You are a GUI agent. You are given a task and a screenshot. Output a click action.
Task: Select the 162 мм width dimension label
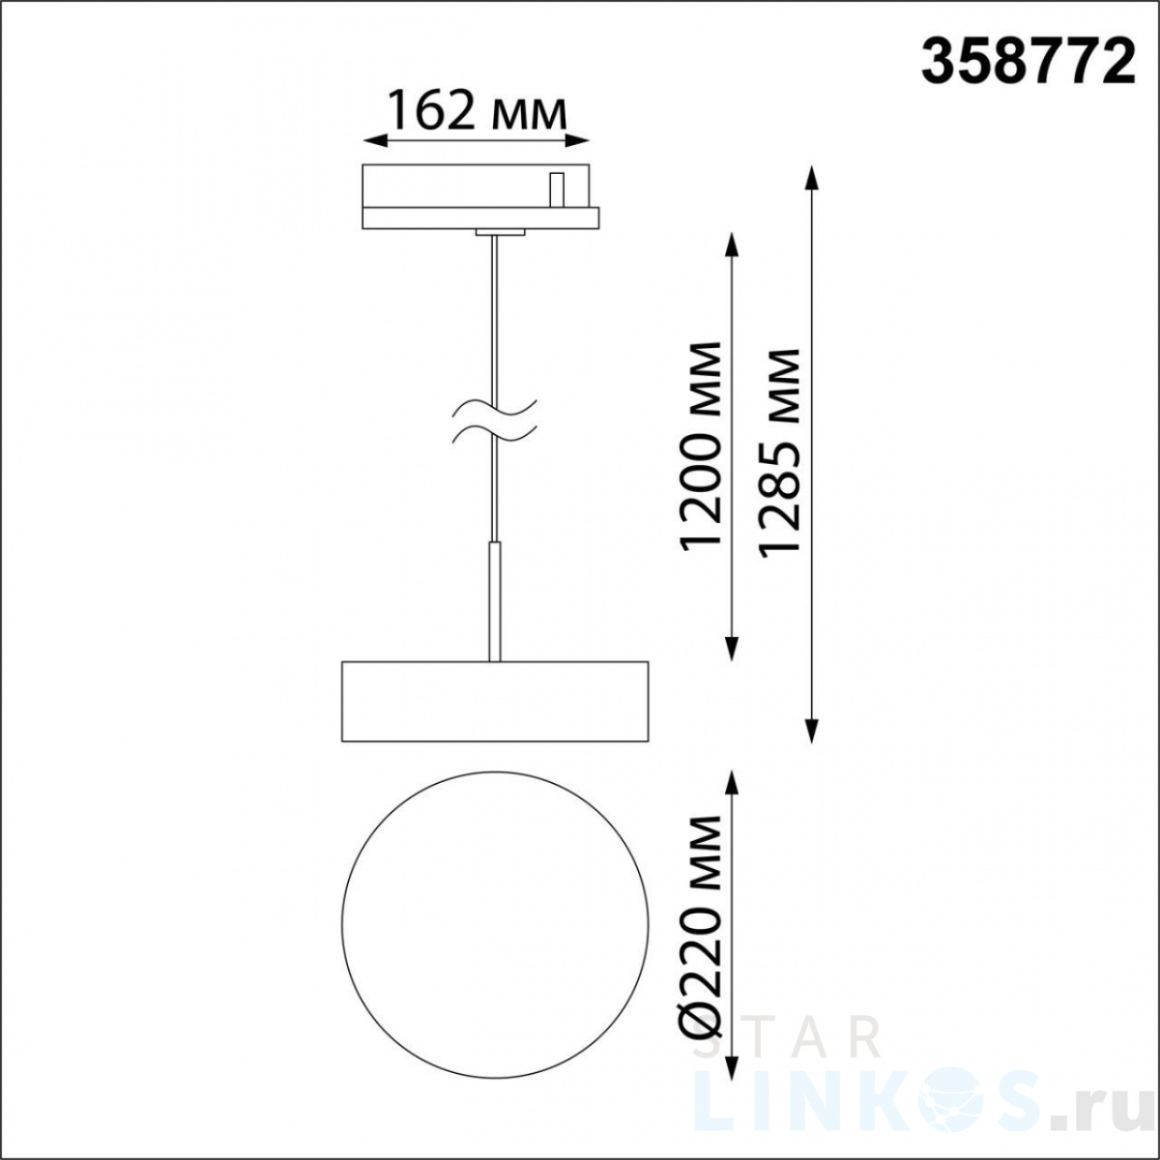point(477,109)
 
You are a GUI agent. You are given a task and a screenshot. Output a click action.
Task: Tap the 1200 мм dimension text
point(699,446)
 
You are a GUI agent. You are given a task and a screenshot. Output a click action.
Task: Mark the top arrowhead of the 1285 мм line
point(812,177)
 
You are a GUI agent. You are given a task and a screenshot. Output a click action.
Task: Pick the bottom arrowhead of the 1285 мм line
point(812,730)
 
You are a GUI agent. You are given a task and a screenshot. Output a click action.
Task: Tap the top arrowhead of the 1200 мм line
point(732,245)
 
